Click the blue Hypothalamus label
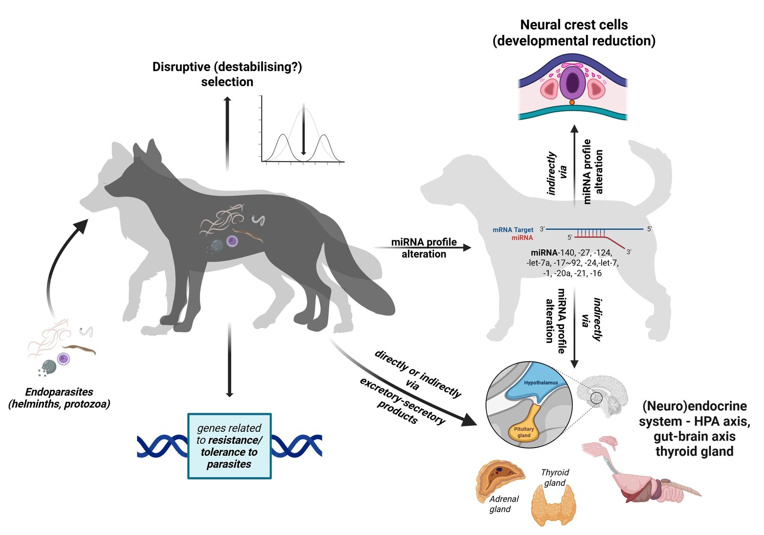point(541,383)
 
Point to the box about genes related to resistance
point(229,446)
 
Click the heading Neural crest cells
point(573,25)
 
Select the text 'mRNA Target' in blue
point(513,230)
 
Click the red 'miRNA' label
point(522,238)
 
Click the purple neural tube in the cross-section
point(572,83)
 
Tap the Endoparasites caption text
point(59,397)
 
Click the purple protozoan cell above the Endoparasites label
point(64,358)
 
